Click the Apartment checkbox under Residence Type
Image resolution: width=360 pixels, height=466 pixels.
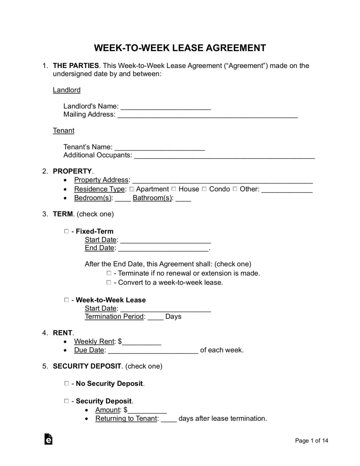coord(132,189)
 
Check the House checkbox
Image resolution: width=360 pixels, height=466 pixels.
coord(174,189)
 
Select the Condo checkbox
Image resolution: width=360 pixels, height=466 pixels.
coord(204,189)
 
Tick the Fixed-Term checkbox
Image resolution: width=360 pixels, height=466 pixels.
coord(66,231)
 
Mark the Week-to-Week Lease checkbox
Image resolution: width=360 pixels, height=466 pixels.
coord(66,300)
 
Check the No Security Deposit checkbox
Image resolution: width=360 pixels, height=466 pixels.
coord(66,383)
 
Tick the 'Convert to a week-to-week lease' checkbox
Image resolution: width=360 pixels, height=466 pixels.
coord(109,282)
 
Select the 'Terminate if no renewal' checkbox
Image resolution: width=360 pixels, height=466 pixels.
coord(109,273)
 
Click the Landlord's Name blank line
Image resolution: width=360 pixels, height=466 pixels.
coord(166,107)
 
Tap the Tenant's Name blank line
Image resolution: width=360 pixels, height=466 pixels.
coord(160,147)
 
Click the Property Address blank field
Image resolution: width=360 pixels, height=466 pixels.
coord(222,181)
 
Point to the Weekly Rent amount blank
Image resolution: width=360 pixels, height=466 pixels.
coord(141,342)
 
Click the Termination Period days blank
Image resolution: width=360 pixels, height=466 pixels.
coord(156,317)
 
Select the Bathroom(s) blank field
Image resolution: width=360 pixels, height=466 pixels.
coord(183,199)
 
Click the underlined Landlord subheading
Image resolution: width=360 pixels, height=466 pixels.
coord(67,90)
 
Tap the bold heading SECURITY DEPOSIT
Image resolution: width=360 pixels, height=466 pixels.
coord(87,366)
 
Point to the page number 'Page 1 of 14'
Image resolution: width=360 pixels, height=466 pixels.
coord(311,441)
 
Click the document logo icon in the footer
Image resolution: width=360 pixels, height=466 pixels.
coord(48,439)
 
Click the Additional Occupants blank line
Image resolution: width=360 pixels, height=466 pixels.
coord(224,156)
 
